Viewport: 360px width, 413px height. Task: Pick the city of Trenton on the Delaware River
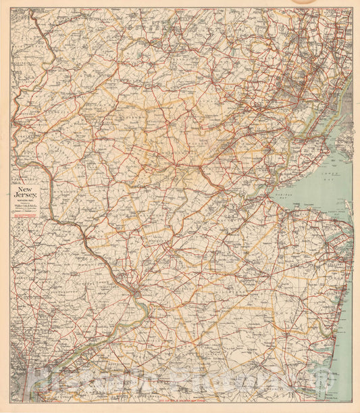click(137, 293)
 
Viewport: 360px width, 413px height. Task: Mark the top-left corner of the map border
click(10, 9)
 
